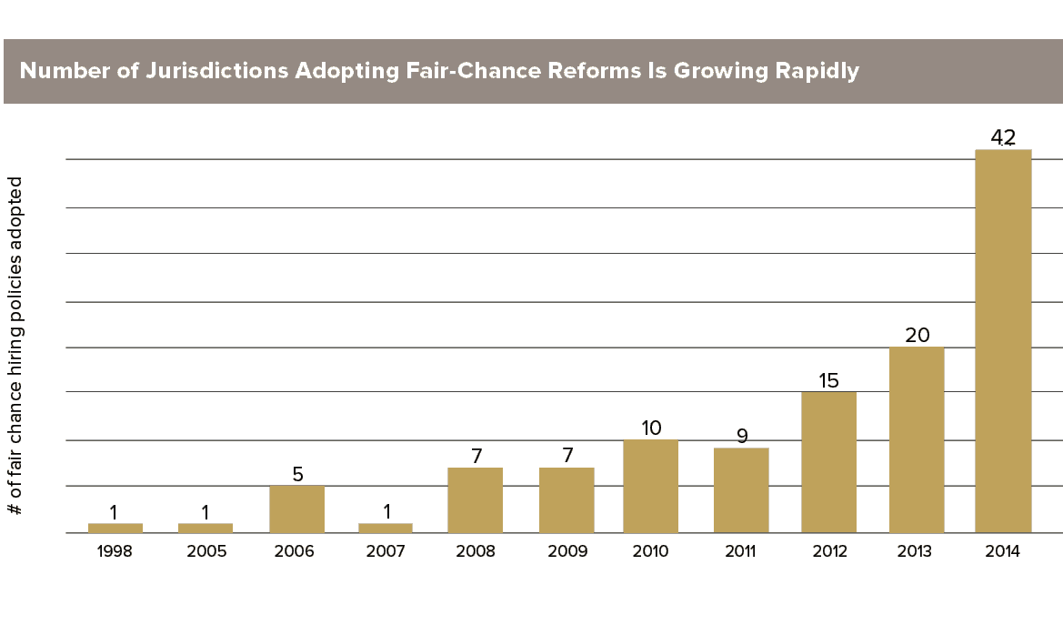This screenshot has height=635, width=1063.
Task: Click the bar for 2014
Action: tap(1003, 341)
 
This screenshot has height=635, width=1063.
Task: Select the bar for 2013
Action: tap(917, 439)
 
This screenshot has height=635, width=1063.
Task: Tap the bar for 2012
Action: tap(828, 462)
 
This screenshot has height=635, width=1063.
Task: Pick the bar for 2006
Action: tap(297, 509)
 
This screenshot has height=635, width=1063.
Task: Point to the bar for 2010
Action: tap(651, 487)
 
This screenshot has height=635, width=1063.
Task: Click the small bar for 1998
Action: tap(115, 528)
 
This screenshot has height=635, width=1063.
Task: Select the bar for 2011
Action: tap(741, 490)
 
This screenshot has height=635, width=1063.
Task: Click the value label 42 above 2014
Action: tap(1003, 137)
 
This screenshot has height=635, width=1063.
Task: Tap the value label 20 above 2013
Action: tap(918, 335)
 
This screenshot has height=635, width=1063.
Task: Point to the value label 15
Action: tap(828, 380)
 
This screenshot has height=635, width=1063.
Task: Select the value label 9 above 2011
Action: tap(742, 436)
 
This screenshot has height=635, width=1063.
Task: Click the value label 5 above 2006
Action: tap(297, 474)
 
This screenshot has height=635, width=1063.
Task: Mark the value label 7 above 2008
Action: tap(476, 456)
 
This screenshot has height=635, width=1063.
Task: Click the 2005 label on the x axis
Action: tap(206, 551)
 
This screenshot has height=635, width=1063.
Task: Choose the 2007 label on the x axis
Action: tap(385, 551)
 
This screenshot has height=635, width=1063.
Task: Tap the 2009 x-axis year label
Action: tap(567, 551)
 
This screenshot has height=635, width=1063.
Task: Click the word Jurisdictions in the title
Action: tap(217, 71)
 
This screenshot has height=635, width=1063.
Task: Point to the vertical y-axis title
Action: tap(15, 346)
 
